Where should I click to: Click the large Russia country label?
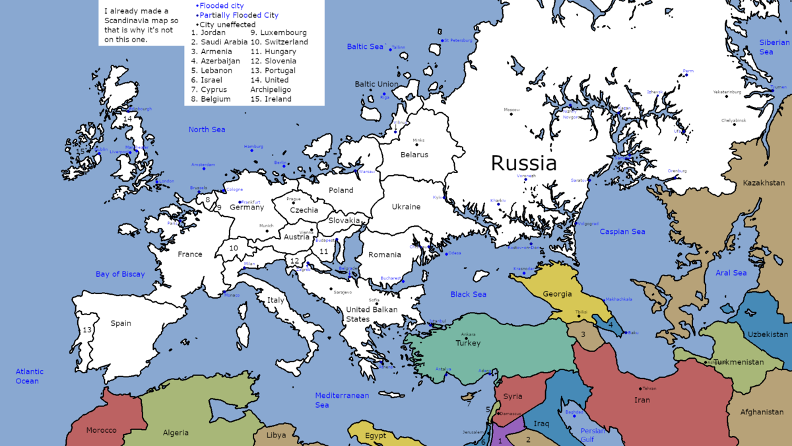(523, 163)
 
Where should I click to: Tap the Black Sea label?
(468, 294)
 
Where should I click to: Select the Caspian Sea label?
(622, 232)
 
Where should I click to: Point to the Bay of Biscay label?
(120, 274)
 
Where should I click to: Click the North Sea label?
(207, 130)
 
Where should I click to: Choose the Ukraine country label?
(406, 207)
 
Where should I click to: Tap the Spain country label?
(121, 323)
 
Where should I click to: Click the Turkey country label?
(468, 343)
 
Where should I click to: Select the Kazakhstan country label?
(764, 182)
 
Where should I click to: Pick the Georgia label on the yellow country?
(557, 294)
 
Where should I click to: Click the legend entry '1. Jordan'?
(209, 32)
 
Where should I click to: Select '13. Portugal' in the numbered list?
(273, 71)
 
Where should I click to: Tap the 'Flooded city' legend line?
(221, 6)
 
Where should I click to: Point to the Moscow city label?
(511, 110)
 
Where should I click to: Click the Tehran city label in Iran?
(649, 389)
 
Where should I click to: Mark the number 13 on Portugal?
(87, 330)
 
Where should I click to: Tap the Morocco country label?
(101, 430)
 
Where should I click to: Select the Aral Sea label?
(731, 273)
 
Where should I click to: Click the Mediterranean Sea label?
(341, 400)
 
